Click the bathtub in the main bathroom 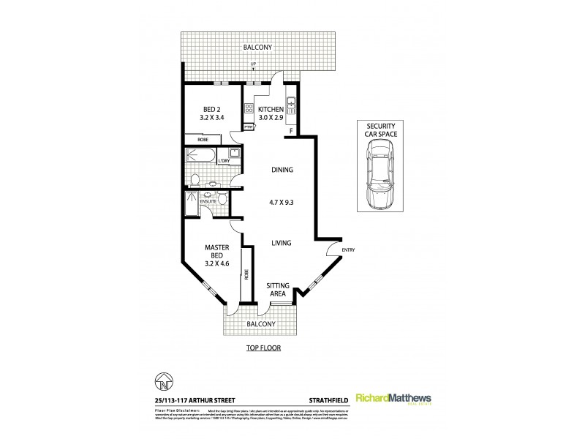(x=201, y=156)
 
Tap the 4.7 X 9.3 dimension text (x=282, y=206)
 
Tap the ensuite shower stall (x=192, y=206)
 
